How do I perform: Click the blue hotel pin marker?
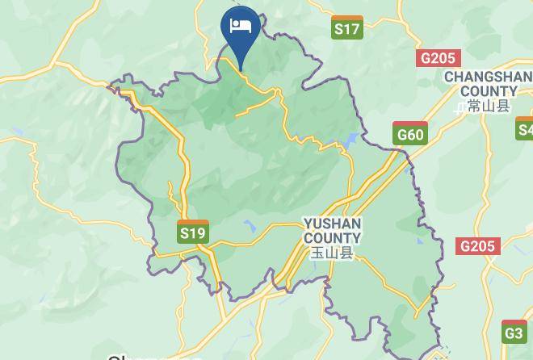(240, 31)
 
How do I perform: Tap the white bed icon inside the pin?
(241, 26)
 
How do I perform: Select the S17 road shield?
(346, 27)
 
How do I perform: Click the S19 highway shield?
(193, 232)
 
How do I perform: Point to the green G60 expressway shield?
(410, 133)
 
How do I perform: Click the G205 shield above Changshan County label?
(438, 58)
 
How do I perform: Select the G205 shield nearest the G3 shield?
(478, 246)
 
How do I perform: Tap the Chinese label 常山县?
(489, 107)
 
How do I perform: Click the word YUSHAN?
(332, 223)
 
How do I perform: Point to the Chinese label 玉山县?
(332, 253)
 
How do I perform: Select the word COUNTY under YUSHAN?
(332, 237)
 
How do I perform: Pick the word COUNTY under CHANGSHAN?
(489, 91)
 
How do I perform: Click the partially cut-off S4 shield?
(525, 129)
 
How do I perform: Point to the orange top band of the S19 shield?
(193, 223)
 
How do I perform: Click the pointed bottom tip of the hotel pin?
(240, 69)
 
